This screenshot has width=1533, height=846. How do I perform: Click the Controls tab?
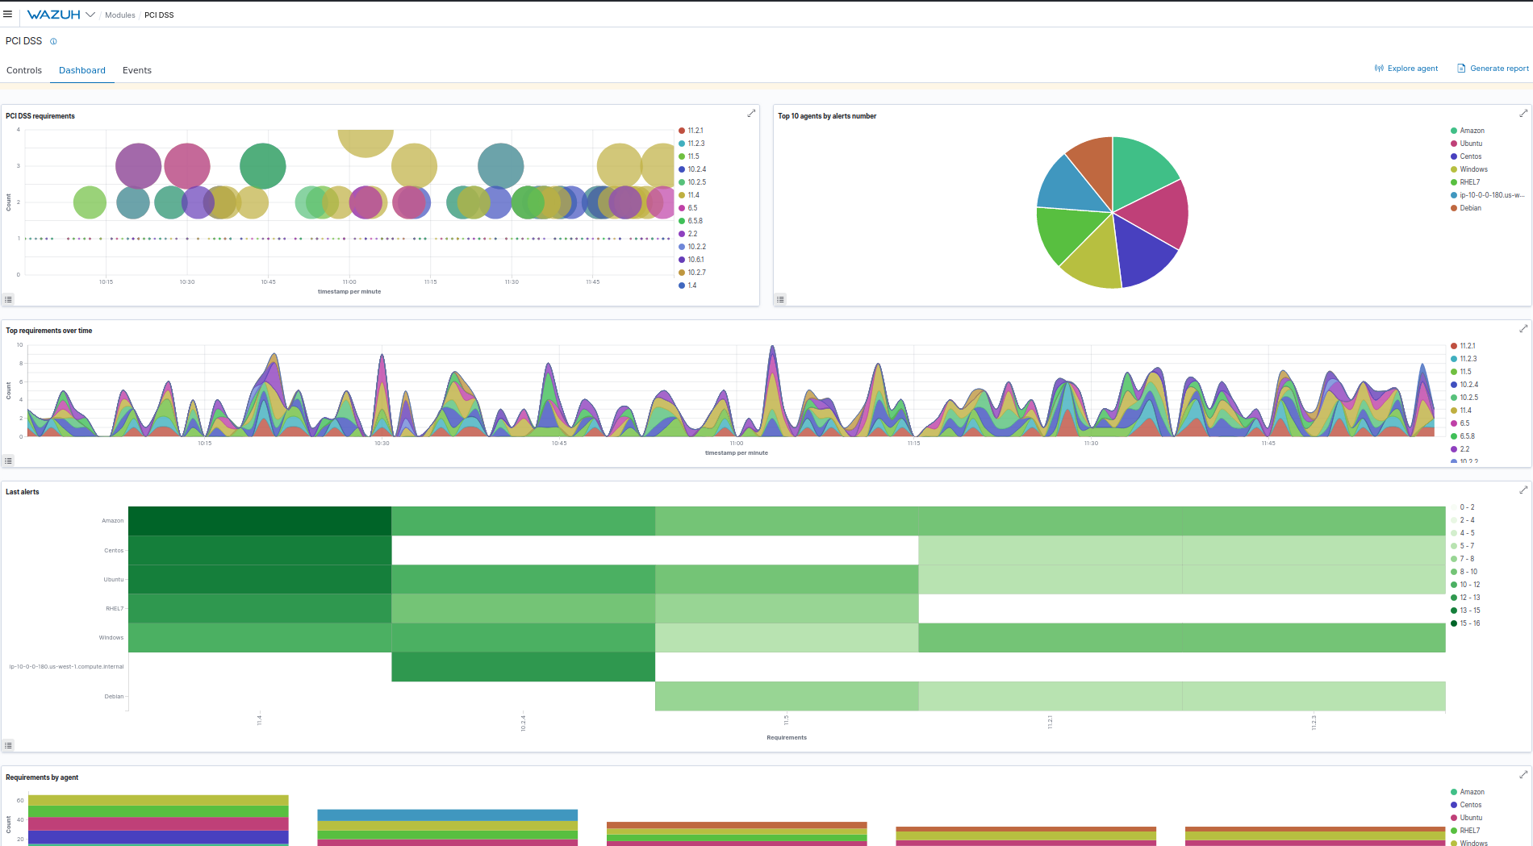(24, 70)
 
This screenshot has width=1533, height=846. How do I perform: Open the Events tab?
(137, 70)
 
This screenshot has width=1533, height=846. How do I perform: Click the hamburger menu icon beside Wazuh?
(8, 15)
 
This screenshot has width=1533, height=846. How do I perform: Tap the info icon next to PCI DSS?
(53, 41)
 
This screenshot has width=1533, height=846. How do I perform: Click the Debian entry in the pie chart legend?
(1470, 208)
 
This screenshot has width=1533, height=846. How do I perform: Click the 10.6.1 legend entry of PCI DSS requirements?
(695, 260)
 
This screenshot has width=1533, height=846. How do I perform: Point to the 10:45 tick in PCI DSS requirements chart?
(268, 281)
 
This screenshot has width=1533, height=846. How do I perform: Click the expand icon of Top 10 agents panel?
(1523, 114)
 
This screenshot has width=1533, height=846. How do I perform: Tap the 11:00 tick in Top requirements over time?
(737, 443)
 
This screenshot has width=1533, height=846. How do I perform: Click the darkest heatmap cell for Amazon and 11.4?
(260, 521)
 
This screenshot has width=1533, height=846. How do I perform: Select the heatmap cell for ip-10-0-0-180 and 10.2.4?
(523, 667)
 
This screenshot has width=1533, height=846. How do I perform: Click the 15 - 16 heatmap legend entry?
(1469, 623)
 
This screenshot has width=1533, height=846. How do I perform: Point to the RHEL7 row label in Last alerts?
(115, 609)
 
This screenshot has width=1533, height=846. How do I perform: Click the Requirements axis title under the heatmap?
(787, 737)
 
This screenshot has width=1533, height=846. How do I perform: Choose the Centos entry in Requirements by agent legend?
(1470, 805)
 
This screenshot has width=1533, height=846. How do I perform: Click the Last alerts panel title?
(23, 492)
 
